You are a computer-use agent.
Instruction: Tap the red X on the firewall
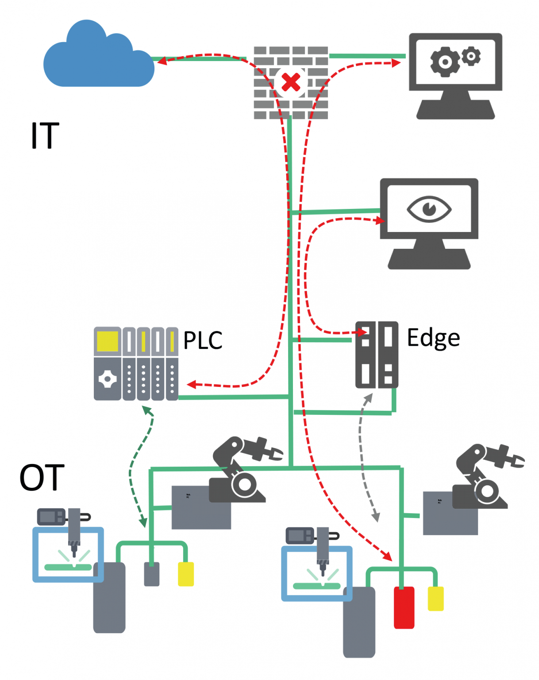291,82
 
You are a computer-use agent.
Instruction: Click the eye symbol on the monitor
429,209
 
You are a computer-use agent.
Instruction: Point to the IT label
45,135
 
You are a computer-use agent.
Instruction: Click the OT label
42,478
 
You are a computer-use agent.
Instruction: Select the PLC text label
203,340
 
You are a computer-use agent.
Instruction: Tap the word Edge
433,338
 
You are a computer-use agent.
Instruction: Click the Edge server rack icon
377,355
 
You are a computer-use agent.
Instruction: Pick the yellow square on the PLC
107,341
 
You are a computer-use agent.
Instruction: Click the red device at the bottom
404,607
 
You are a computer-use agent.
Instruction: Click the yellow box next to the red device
435,599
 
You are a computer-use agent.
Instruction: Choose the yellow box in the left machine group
186,574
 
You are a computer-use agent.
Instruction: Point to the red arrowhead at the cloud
162,61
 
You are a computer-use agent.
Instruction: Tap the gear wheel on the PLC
108,379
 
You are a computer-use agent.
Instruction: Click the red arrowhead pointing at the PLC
191,384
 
